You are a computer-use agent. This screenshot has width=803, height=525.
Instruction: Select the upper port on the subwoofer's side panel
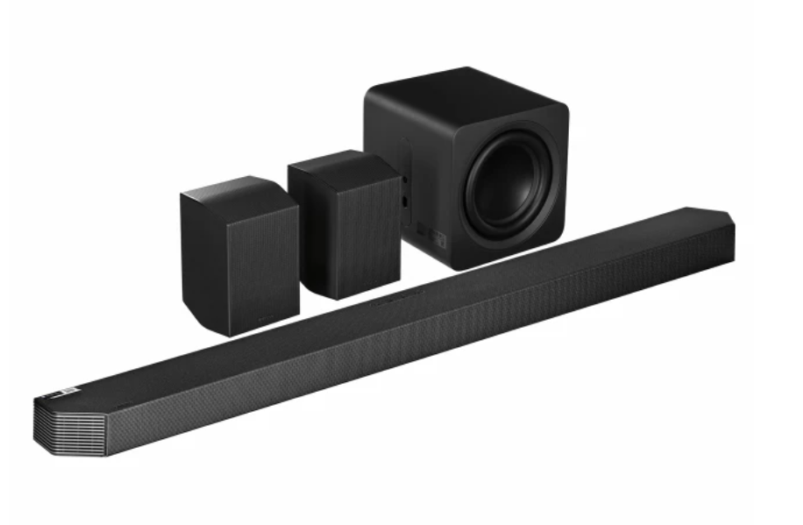coord(404,180)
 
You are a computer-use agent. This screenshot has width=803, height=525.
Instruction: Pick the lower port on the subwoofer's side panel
coord(404,200)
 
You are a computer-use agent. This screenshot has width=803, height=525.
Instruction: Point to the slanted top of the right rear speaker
coord(338,162)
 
